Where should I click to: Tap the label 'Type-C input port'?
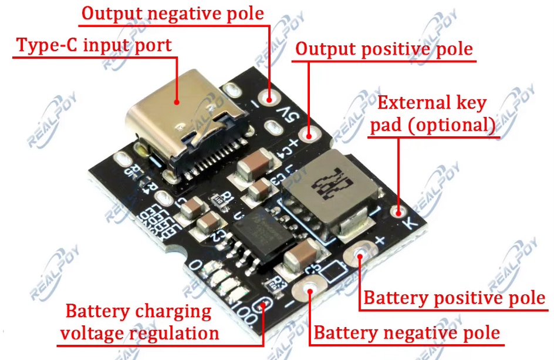(94, 46)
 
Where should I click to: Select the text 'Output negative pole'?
(173, 14)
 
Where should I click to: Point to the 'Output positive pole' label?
(384, 49)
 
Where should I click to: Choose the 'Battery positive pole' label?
(454, 298)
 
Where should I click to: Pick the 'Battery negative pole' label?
(407, 333)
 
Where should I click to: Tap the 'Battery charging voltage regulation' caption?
(138, 322)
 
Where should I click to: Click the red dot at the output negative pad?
(271, 95)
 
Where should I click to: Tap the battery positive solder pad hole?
(359, 254)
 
